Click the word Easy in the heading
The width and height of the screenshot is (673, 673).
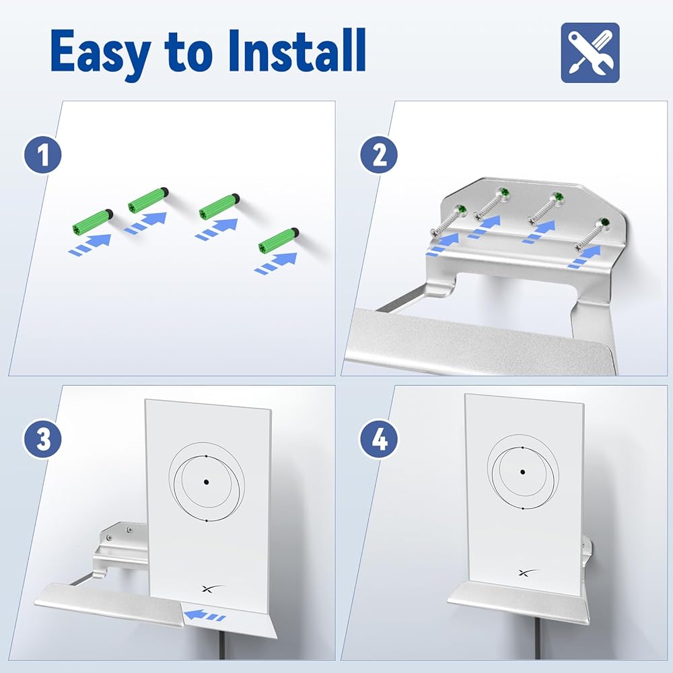(x=100, y=52)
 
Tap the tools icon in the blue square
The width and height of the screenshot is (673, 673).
(x=590, y=52)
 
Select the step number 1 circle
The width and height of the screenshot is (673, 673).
(x=42, y=155)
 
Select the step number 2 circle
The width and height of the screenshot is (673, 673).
(x=379, y=155)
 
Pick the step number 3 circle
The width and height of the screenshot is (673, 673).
(x=42, y=439)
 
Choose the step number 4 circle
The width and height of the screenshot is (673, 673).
(x=379, y=439)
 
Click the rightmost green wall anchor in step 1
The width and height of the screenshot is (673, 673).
(x=279, y=240)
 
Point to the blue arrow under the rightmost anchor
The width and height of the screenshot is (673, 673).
(x=276, y=262)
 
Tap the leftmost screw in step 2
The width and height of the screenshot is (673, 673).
(x=448, y=221)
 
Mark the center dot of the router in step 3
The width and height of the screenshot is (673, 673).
(x=207, y=482)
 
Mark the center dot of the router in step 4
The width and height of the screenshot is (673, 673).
(x=522, y=472)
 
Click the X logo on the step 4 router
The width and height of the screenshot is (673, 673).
(x=528, y=573)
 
